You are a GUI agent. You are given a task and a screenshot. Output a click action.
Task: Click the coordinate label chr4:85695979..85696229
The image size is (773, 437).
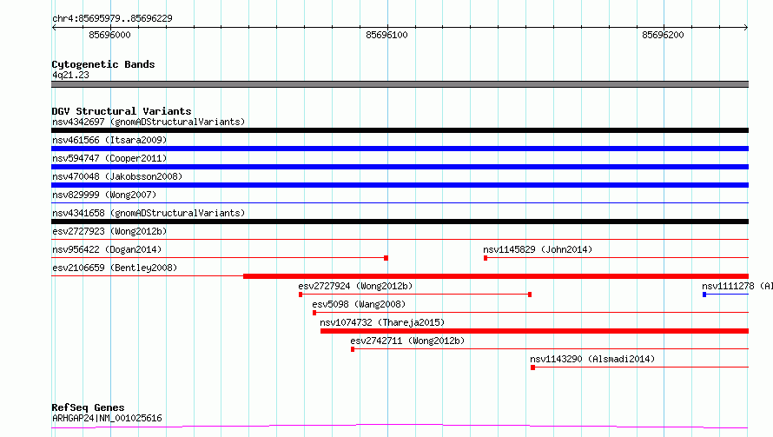point(112,19)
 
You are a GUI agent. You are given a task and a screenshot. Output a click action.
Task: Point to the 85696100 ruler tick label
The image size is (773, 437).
point(386,35)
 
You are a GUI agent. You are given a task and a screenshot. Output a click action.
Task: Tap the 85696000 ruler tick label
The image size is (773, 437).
point(109,35)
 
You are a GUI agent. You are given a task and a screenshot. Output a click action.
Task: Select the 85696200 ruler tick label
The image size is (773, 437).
point(663,35)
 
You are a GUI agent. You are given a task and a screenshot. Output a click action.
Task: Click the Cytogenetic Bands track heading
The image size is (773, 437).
point(103,64)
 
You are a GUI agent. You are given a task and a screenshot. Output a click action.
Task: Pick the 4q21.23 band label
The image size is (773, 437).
point(70,75)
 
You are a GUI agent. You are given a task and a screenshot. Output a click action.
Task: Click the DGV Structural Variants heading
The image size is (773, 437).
point(122,111)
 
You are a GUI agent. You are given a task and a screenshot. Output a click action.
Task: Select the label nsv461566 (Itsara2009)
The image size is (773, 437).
point(109,140)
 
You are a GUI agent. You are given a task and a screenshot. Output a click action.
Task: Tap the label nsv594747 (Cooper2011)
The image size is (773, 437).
point(109,158)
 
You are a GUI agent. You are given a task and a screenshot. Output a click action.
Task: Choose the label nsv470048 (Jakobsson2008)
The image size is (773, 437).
point(117,176)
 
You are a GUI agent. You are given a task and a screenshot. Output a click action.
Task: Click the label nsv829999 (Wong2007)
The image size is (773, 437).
point(104,195)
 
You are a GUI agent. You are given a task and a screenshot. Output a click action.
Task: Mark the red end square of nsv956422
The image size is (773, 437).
point(386,258)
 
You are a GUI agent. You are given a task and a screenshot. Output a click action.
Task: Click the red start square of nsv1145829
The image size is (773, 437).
point(486,258)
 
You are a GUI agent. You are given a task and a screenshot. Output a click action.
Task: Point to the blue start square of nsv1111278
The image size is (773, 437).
point(704,295)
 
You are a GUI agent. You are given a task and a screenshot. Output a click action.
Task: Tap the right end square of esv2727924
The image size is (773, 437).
point(530,295)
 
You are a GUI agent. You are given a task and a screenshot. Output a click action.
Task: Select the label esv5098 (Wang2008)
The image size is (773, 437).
point(359,304)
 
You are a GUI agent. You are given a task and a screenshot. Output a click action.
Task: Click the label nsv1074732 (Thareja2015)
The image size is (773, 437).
point(382,322)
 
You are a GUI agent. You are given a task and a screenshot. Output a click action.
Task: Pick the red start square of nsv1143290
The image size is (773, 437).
point(533,367)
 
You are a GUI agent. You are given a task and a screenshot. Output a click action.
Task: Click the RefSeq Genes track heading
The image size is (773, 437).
point(88,407)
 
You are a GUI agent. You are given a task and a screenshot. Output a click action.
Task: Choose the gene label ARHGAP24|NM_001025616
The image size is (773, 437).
point(107,418)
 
